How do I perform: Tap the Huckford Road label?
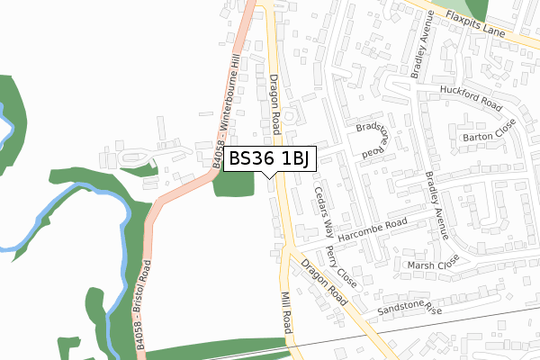pyautogui.click(x=470, y=99)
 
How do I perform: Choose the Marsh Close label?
pyautogui.click(x=433, y=265)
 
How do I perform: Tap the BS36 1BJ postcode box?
pyautogui.click(x=269, y=158)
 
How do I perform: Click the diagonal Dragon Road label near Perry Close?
pyautogui.click(x=326, y=283)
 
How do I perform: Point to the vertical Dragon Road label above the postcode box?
pyautogui.click(x=275, y=102)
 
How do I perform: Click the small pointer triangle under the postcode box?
pyautogui.click(x=270, y=174)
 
